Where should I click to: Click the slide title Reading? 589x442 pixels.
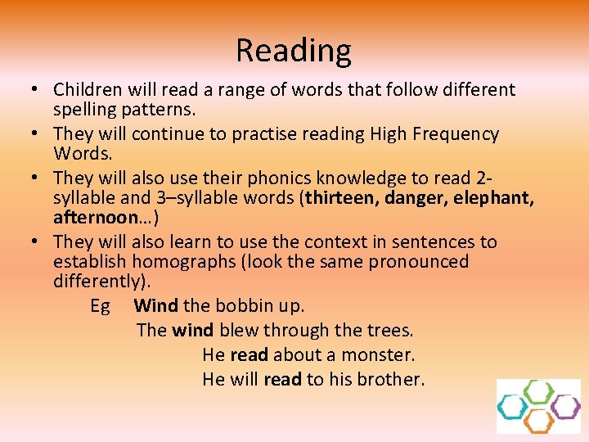click(294, 51)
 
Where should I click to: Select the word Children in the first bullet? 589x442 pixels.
click(86, 89)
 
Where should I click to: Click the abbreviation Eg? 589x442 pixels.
click(100, 306)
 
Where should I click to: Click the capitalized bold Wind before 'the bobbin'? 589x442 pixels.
click(156, 306)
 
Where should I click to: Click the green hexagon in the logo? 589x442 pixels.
click(538, 391)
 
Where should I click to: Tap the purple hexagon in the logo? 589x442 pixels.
click(564, 406)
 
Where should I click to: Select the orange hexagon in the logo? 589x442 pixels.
click(538, 421)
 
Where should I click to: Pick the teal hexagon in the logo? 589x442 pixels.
click(513, 406)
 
